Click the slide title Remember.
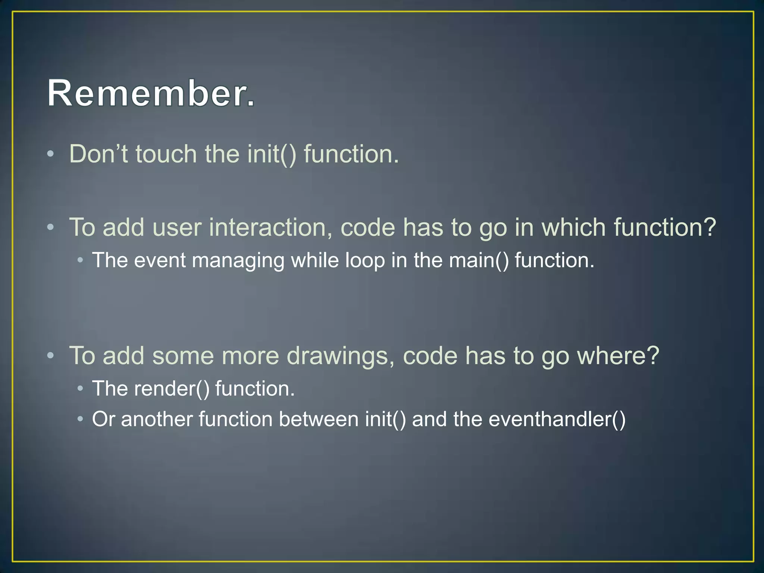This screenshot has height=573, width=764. [x=151, y=93]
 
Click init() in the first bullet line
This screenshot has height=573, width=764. [x=272, y=154]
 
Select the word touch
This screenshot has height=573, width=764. [x=166, y=154]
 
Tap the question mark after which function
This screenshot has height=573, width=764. [x=709, y=227]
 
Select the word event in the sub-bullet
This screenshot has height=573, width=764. [x=160, y=260]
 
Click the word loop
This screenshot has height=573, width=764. [x=364, y=260]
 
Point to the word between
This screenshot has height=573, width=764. [x=319, y=419]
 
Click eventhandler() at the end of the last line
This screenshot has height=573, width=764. [x=557, y=419]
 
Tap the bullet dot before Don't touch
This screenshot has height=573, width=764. [x=51, y=154]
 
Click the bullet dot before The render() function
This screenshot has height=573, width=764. [x=80, y=389]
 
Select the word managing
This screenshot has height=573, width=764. [x=238, y=261]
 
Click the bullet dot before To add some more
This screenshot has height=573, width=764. [x=51, y=356]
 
